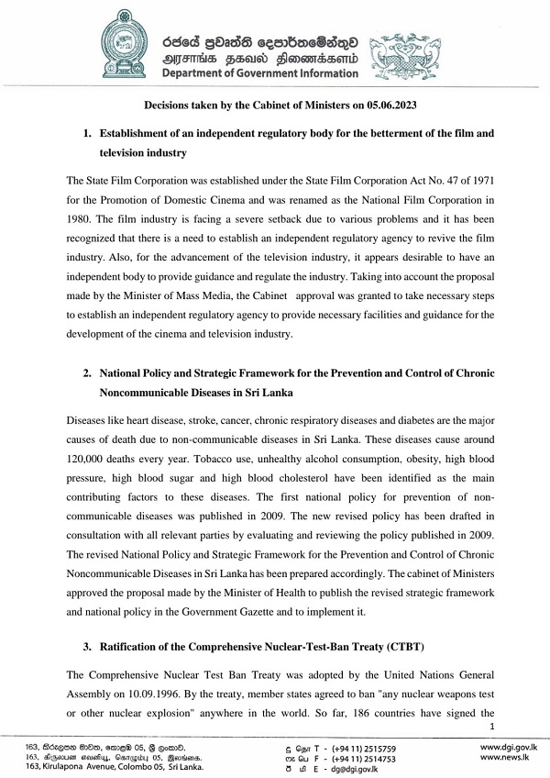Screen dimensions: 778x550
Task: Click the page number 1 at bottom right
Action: click(492, 728)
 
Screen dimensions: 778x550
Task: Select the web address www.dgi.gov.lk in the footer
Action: click(509, 749)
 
